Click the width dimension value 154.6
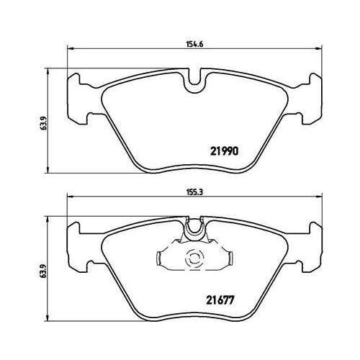194,45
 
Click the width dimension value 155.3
194,192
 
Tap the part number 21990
225,151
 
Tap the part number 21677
220,300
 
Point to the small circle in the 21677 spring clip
194,258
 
